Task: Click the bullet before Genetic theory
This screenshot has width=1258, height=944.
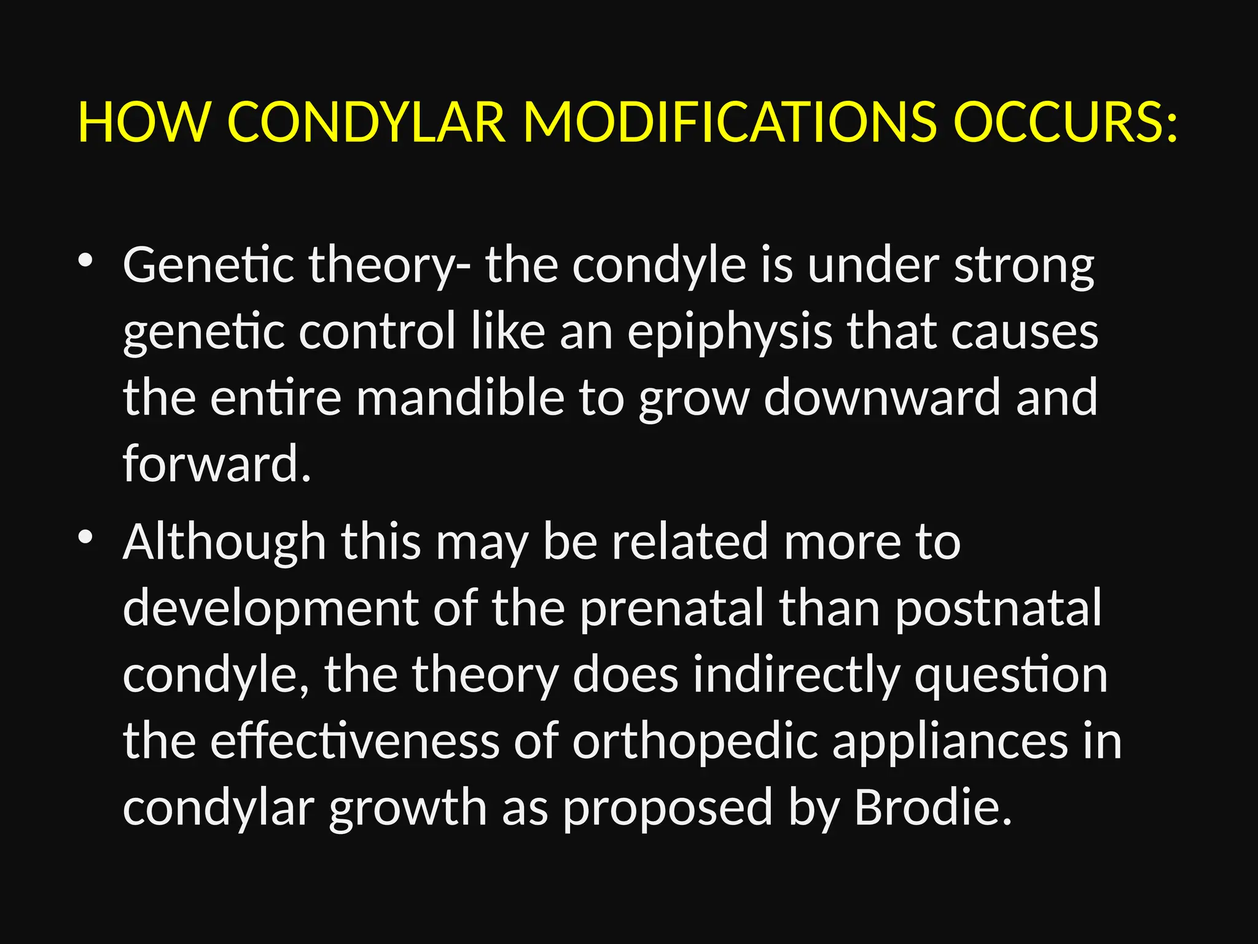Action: click(85, 261)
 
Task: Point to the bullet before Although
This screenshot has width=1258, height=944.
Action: click(85, 537)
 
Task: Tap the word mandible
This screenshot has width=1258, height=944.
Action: click(460, 398)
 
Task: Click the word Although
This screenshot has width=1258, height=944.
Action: click(224, 543)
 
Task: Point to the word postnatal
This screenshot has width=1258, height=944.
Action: click(998, 608)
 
